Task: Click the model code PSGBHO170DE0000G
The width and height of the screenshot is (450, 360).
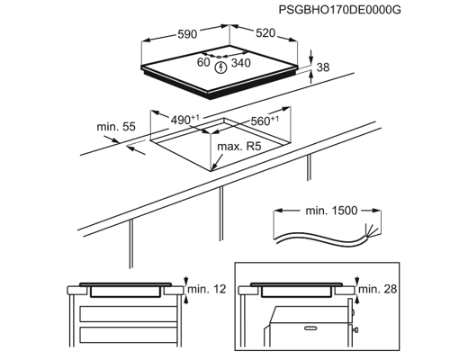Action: click(x=339, y=10)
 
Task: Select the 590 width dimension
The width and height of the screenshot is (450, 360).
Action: click(x=187, y=34)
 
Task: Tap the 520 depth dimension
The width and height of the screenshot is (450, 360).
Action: click(x=265, y=33)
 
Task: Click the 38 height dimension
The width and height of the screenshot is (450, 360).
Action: click(x=323, y=67)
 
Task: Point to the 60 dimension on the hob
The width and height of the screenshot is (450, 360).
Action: click(x=203, y=62)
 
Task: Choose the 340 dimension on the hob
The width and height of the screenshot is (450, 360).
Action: click(x=241, y=63)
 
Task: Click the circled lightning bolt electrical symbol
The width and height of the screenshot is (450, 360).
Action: click(x=221, y=67)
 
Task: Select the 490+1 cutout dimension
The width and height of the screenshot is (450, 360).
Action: click(x=184, y=120)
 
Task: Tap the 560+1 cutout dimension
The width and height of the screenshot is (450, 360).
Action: click(x=265, y=121)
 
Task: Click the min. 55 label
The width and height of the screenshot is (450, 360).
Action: click(x=116, y=127)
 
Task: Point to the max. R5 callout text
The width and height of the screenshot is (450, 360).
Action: click(x=239, y=147)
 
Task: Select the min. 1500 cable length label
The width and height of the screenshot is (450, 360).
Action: click(x=331, y=211)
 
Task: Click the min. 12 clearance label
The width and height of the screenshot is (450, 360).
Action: click(x=207, y=289)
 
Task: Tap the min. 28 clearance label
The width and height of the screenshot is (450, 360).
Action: click(x=378, y=289)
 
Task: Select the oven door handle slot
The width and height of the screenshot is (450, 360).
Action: click(x=311, y=328)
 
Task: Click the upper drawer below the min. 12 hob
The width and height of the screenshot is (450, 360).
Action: click(x=129, y=314)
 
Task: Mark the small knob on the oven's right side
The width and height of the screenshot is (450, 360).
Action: click(x=355, y=330)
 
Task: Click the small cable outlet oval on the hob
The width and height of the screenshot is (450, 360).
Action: click(x=219, y=57)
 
